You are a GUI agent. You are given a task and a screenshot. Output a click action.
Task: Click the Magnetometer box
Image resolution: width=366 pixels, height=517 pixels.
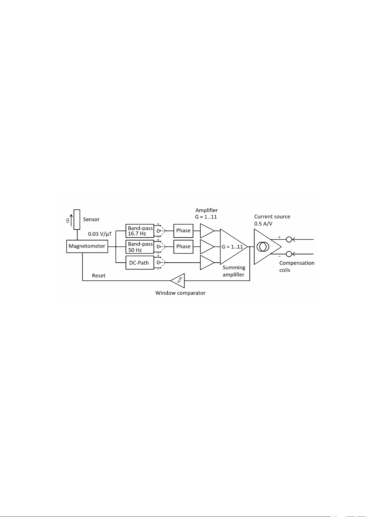tap(87, 246)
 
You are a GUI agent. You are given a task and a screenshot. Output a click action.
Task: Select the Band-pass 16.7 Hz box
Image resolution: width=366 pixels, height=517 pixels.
tap(140, 230)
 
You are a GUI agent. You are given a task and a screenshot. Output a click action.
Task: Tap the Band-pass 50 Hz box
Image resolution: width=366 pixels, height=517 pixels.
tap(140, 247)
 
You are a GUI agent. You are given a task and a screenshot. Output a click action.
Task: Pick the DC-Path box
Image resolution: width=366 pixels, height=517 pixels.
tap(140, 263)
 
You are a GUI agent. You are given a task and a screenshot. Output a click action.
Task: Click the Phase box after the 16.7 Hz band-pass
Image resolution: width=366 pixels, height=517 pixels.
tap(183, 230)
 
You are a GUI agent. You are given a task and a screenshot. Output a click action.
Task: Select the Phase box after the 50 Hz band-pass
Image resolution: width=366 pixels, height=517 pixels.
tap(183, 247)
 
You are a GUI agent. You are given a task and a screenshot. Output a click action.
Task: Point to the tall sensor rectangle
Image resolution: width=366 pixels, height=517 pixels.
tap(77, 219)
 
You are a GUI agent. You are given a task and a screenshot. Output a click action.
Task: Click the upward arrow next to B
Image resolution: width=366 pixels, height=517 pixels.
tap(71, 220)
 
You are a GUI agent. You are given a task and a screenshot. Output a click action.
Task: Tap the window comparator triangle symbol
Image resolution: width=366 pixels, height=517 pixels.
tap(177, 281)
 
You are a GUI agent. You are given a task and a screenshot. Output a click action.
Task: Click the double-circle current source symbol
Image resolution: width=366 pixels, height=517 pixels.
tap(263, 247)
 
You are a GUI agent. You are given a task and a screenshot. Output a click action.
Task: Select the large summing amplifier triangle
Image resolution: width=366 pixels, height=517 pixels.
tap(234, 247)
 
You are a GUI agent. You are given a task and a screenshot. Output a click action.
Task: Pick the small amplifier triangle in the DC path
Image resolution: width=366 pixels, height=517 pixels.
tap(207, 263)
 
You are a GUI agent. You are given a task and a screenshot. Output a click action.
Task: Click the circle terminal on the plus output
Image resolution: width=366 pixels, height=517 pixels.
tap(289, 240)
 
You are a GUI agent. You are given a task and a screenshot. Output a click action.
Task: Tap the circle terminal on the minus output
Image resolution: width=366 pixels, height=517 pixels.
tap(289, 254)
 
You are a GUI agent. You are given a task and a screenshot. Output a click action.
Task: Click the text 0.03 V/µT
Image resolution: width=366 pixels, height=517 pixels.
tap(100, 234)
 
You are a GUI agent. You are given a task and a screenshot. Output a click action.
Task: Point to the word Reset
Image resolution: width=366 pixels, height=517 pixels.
tap(99, 276)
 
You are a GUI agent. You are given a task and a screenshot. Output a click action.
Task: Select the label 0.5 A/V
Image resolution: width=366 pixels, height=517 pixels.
tap(263, 224)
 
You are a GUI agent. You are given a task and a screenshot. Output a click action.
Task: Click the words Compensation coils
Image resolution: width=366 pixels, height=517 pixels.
tap(297, 266)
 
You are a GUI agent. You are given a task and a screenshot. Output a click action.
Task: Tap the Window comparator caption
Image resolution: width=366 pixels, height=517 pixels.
tap(180, 293)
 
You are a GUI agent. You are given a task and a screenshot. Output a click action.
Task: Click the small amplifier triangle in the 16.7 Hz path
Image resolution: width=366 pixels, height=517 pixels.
tap(207, 231)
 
